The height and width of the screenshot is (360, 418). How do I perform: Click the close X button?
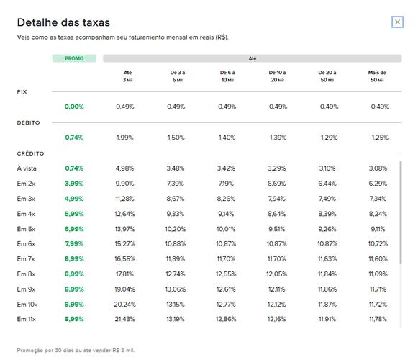click(397, 22)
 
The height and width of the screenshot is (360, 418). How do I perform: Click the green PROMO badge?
click(74, 58)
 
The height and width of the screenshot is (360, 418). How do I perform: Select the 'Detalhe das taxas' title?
click(63, 22)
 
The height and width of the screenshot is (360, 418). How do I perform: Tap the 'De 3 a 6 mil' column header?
click(178, 76)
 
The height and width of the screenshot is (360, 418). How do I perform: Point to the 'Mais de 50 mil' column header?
click(377, 76)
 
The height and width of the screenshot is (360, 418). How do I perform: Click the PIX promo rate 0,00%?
click(74, 107)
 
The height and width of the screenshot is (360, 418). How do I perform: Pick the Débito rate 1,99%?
click(124, 138)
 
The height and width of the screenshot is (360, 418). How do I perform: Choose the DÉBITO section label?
click(28, 122)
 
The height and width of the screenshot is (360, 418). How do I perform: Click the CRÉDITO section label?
click(30, 153)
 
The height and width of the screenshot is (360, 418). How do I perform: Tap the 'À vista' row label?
click(27, 168)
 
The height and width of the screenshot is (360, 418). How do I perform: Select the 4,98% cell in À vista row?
click(124, 168)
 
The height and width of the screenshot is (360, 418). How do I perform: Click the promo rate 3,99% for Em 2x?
click(74, 184)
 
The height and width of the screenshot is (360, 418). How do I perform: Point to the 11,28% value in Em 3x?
click(124, 199)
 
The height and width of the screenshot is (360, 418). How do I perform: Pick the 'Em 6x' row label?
click(26, 244)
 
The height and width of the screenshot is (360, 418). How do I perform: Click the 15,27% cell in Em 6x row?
click(124, 244)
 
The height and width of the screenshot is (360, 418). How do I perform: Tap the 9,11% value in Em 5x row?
click(378, 229)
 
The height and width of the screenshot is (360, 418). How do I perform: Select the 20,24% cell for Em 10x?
click(124, 305)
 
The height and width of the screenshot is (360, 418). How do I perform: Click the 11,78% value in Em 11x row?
click(378, 319)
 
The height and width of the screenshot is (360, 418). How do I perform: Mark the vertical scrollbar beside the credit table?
click(401, 212)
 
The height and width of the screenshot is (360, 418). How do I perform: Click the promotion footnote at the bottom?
click(76, 350)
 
